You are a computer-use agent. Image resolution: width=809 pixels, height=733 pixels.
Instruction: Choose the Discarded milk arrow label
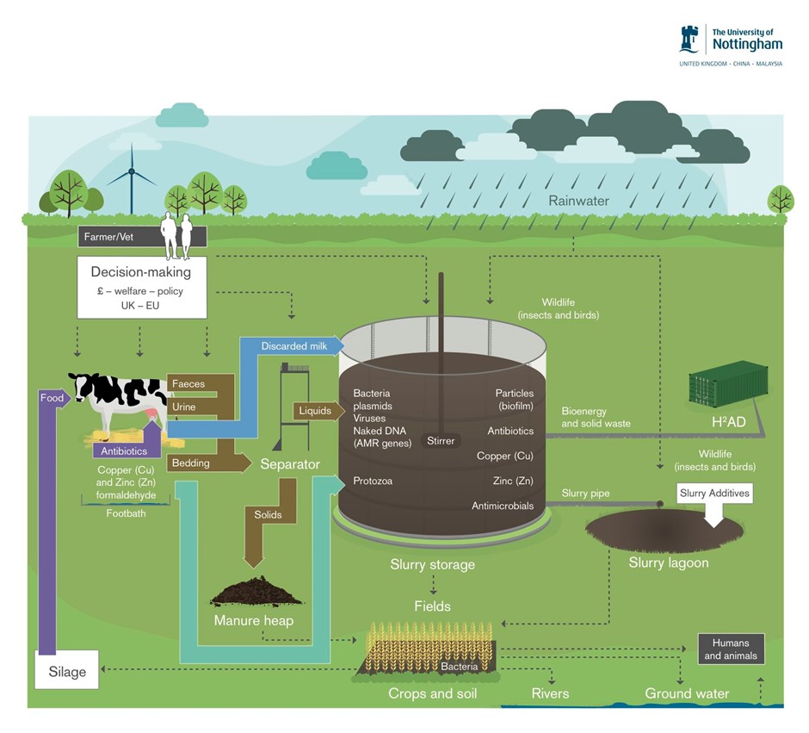[x=297, y=345]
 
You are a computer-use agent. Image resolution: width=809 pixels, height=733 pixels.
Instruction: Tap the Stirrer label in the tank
[x=441, y=441]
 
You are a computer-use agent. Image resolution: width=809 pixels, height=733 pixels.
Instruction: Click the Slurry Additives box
[x=714, y=493]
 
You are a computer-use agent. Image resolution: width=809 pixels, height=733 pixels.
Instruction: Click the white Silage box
[x=67, y=671]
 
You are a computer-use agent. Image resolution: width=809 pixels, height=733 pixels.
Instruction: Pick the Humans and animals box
[x=732, y=649]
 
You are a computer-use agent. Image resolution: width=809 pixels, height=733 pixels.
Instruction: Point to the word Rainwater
[x=578, y=201]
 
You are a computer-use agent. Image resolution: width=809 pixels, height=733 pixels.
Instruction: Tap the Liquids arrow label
[x=315, y=411]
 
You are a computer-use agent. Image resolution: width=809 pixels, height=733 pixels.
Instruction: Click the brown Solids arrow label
[x=268, y=514]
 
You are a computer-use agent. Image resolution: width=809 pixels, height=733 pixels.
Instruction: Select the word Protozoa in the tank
[x=373, y=481]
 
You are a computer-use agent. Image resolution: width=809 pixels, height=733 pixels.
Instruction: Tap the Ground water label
[x=687, y=693]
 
